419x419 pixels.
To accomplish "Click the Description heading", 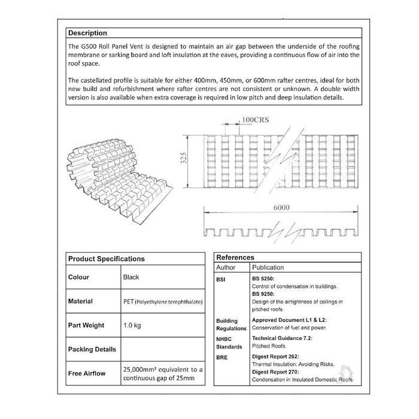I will point(87,33).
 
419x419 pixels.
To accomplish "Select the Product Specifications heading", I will point(106,259).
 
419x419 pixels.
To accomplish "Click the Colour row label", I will point(78,277).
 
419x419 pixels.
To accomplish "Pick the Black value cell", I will point(130,277).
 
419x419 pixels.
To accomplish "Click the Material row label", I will point(81,301).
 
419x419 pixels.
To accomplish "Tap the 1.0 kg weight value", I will point(133,326).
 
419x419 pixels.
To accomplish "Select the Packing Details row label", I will point(92,349).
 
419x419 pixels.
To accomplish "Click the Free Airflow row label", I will point(87,374).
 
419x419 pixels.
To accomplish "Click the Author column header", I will point(226,268).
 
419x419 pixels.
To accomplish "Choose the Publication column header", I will point(268,268).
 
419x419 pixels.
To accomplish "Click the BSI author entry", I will point(220,280).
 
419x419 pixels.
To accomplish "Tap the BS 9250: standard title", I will point(263,294).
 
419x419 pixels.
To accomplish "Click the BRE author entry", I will point(221,355).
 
